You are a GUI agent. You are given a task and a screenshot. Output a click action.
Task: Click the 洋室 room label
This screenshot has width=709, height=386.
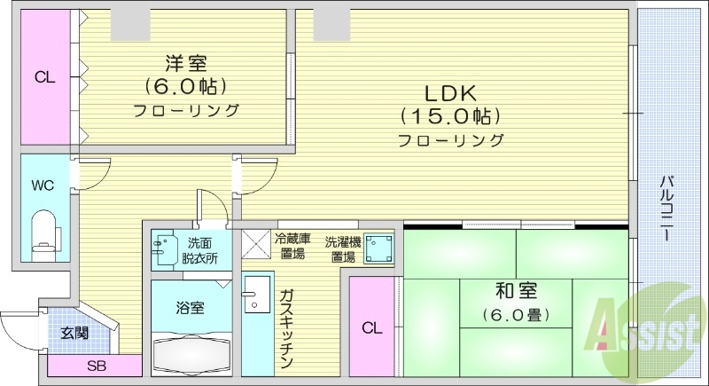click(186, 63)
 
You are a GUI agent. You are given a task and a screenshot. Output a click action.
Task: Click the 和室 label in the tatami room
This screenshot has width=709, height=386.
click(515, 290)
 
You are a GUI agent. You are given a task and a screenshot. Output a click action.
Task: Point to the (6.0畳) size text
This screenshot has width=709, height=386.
click(515, 314)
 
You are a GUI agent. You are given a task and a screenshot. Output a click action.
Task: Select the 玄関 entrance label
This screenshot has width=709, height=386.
click(74, 334)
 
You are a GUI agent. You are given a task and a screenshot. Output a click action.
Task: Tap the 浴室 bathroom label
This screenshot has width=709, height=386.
click(190, 308)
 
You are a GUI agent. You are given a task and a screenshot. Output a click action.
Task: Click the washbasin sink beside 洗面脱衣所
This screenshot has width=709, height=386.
click(165, 249)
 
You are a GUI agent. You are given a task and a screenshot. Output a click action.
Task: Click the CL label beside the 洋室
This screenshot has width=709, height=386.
click(44, 77)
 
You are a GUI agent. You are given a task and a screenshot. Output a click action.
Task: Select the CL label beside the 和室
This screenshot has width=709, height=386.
click(372, 327)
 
